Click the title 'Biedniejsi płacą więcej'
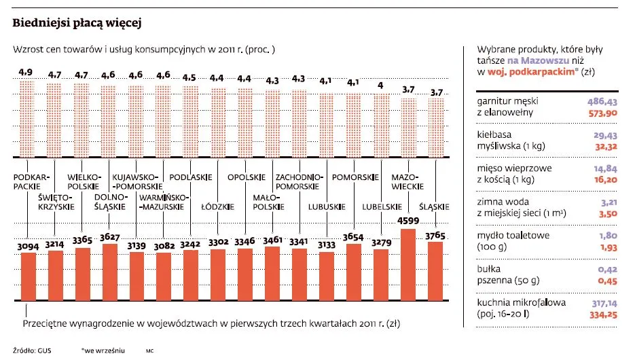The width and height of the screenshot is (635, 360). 77,23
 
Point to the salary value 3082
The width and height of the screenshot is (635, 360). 163,245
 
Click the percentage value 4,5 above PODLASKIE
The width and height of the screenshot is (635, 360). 190,77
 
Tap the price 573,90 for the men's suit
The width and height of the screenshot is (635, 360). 601,112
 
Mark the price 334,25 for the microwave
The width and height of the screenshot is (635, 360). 601,314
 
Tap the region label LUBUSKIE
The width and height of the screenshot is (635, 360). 326,206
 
